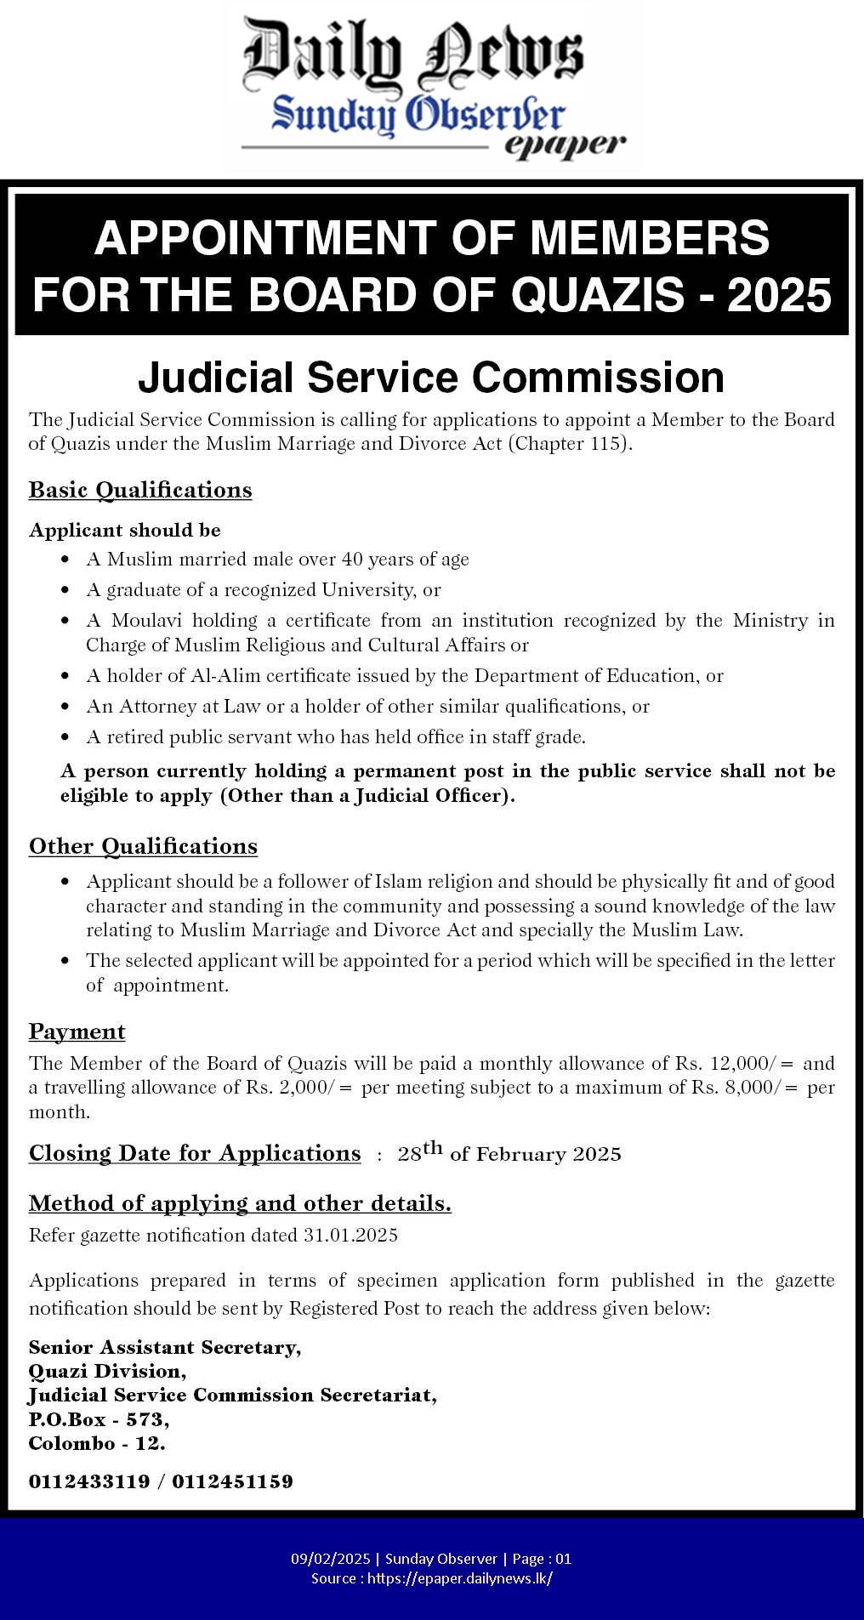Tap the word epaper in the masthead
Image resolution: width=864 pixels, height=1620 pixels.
[565, 145]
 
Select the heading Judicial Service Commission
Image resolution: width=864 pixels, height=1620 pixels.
[431, 378]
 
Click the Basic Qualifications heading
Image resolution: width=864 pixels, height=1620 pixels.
[140, 490]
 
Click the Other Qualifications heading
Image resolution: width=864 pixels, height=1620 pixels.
[143, 846]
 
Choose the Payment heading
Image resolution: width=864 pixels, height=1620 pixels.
[77, 1032]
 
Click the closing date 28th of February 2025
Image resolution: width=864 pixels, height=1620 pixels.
[509, 1153]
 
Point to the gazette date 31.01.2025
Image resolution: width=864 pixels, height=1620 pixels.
[350, 1236]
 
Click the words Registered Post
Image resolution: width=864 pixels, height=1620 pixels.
[354, 1308]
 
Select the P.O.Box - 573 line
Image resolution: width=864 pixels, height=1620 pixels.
[99, 1419]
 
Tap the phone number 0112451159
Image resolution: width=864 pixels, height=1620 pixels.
[232, 1481]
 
